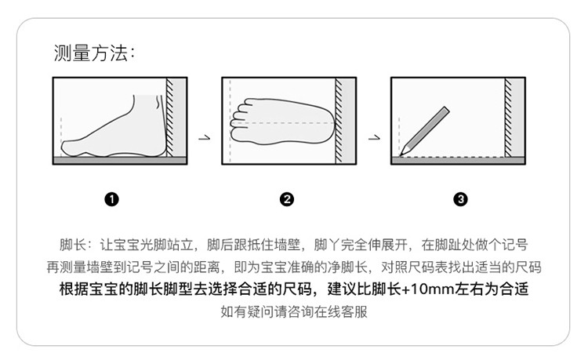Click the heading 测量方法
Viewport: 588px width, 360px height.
click(x=94, y=53)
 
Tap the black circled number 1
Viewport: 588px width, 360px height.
click(x=112, y=199)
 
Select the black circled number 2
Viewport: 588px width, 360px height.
click(x=287, y=199)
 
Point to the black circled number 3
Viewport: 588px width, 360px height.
click(x=460, y=199)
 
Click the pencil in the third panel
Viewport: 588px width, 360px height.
click(x=424, y=131)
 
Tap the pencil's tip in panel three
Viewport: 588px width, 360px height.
click(x=401, y=155)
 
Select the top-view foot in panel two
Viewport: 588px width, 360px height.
click(x=282, y=122)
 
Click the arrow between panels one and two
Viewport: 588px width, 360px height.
click(x=205, y=138)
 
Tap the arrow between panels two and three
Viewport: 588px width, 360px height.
click(x=374, y=138)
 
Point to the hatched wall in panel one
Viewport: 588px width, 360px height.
click(x=170, y=117)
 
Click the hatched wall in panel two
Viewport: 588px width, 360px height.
click(x=339, y=120)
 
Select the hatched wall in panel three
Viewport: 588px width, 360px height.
click(x=509, y=117)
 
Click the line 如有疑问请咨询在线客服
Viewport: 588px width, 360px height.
click(x=294, y=311)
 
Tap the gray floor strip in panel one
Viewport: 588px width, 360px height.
click(x=120, y=161)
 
